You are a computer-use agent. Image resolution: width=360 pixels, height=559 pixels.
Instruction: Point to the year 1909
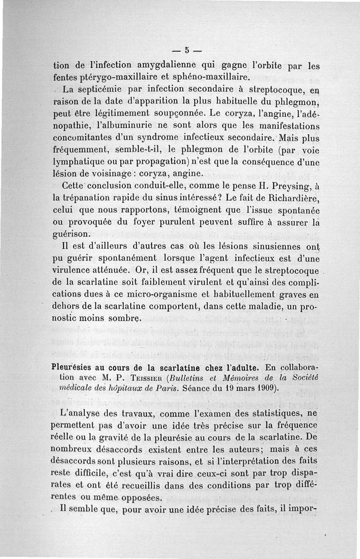[x=264, y=388]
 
